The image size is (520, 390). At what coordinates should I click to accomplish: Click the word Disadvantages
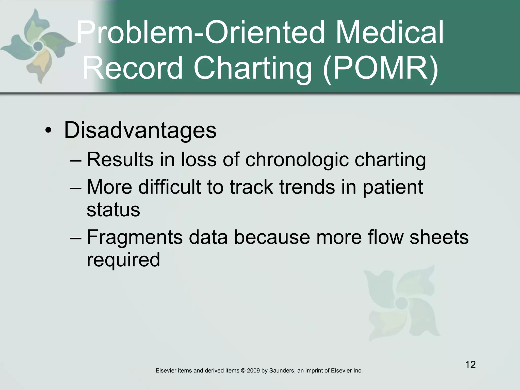click(x=140, y=130)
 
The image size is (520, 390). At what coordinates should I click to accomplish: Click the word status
click(x=113, y=210)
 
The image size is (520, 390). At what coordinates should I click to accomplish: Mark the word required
click(x=123, y=260)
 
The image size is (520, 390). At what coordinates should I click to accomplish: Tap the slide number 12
click(x=470, y=365)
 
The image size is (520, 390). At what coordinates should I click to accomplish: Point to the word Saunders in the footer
click(x=281, y=371)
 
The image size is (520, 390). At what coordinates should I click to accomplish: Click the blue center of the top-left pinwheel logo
click(x=38, y=46)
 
